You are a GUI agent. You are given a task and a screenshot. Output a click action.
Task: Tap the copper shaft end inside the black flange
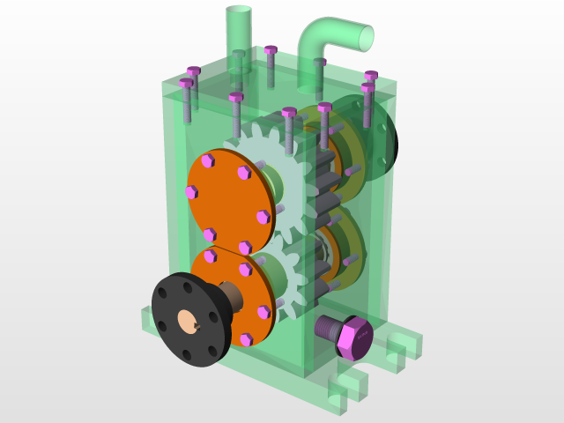point(188,323)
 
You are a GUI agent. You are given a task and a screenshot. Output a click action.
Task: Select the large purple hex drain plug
point(355,338)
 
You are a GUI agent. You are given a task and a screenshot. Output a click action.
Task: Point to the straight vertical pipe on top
point(239,35)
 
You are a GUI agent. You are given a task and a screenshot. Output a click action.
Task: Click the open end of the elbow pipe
point(364,37)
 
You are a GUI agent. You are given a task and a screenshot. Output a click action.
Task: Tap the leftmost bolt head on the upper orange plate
point(191,192)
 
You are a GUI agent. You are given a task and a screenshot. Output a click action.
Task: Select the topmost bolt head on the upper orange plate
point(208,160)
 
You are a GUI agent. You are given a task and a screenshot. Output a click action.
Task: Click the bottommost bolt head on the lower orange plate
point(246,339)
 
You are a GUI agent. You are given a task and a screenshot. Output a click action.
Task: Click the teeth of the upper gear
point(256,141)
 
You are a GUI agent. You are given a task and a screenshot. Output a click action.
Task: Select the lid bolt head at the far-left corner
point(186,84)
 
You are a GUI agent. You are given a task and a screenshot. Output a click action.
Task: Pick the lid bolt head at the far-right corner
point(371,76)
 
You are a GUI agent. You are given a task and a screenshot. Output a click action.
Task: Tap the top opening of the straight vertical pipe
point(239,11)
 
